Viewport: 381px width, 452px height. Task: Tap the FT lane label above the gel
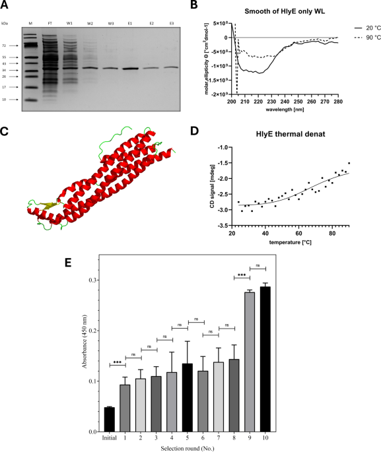50,22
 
